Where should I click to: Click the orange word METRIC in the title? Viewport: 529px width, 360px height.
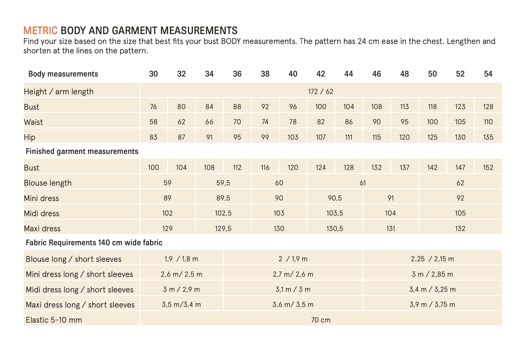pyautogui.click(x=41, y=31)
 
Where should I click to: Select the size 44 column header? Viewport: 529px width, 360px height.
pyautogui.click(x=349, y=74)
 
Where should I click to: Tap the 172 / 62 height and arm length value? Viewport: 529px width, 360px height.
pyautogui.click(x=320, y=91)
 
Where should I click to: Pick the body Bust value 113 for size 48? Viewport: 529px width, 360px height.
pyautogui.click(x=404, y=107)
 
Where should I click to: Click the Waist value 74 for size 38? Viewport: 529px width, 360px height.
pyautogui.click(x=265, y=122)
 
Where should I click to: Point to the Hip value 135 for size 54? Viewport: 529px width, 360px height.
pyautogui.click(x=488, y=137)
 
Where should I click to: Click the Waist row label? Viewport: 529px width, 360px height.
pyautogui.click(x=34, y=122)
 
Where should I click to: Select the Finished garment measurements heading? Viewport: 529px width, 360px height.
pyautogui.click(x=82, y=151)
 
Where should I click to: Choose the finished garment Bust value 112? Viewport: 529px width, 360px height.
pyautogui.click(x=237, y=167)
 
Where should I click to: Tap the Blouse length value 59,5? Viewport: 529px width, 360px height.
pyautogui.click(x=223, y=183)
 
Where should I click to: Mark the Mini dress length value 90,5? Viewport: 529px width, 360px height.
pyautogui.click(x=335, y=198)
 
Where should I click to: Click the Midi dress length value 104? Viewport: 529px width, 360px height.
pyautogui.click(x=391, y=213)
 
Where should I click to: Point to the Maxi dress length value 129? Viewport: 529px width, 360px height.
pyautogui.click(x=167, y=229)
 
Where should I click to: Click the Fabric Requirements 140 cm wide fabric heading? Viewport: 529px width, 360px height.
pyautogui.click(x=94, y=243)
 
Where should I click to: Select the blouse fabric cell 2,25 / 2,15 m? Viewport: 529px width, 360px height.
pyautogui.click(x=432, y=259)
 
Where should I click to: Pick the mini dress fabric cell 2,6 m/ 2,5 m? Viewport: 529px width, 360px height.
pyautogui.click(x=181, y=275)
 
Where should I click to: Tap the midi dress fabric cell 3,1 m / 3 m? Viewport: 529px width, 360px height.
pyautogui.click(x=293, y=289)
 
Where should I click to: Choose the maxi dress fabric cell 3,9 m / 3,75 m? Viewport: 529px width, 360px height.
pyautogui.click(x=432, y=304)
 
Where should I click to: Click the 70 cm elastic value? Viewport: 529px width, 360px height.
pyautogui.click(x=321, y=320)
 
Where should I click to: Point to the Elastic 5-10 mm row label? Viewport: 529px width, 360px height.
pyautogui.click(x=54, y=320)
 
